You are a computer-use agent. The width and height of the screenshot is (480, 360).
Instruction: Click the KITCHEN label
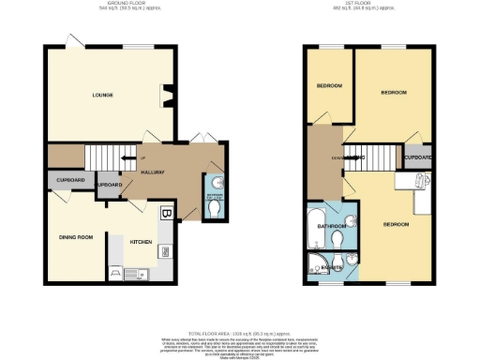tap(141, 241)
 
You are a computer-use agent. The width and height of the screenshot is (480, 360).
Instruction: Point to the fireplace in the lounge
tap(169, 95)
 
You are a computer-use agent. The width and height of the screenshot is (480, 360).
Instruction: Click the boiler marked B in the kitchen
tap(167, 213)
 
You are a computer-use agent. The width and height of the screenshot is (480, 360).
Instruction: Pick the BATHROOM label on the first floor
tap(333, 226)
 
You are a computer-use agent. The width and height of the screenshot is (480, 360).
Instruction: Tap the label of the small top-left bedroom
tap(328, 86)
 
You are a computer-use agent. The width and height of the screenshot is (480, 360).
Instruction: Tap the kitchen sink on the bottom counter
tap(130, 274)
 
